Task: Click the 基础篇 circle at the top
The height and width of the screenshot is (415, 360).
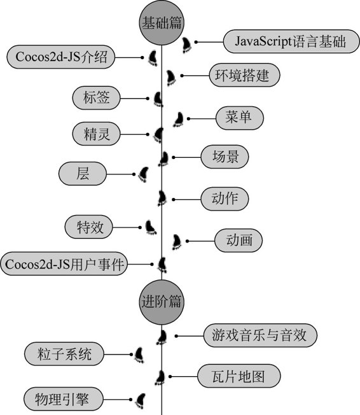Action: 162,22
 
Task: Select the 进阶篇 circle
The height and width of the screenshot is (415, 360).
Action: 162,302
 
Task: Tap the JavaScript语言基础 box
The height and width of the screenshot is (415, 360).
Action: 291,41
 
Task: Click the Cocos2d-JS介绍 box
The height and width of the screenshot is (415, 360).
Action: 61,57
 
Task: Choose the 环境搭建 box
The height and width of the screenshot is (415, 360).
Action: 244,75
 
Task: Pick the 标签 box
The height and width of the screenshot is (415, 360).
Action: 96,97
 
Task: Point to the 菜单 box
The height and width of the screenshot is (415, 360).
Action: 240,118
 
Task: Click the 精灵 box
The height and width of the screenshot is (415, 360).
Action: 96,134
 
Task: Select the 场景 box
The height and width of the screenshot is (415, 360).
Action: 225,157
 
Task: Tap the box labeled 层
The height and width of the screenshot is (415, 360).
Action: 83,174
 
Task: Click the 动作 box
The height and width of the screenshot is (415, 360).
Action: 225,199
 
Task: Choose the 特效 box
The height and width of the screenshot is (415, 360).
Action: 89,227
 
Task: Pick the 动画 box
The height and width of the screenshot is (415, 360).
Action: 239,241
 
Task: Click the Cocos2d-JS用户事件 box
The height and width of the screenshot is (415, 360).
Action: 64,264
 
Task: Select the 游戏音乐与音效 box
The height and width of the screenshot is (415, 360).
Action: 260,335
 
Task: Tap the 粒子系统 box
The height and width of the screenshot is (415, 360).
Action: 64,354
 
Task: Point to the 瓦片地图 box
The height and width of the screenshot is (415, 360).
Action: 239,376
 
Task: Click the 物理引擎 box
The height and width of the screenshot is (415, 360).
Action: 63,399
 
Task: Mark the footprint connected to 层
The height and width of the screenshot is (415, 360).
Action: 143,174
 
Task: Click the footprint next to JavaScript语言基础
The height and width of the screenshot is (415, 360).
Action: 186,45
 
